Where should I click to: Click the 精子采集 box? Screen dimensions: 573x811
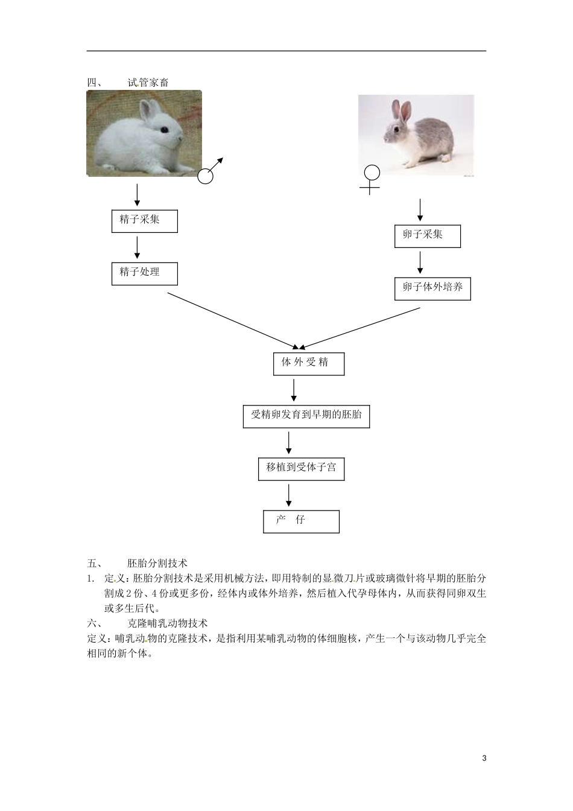click(x=145, y=221)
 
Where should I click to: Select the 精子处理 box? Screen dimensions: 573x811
click(x=145, y=273)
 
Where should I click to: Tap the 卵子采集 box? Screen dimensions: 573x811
click(x=427, y=236)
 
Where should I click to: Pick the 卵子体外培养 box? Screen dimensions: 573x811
click(x=432, y=288)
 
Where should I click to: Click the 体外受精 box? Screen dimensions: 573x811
click(x=309, y=364)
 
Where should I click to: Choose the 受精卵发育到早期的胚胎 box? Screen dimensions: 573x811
click(x=306, y=416)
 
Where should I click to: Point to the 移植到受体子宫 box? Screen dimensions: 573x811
click(x=301, y=469)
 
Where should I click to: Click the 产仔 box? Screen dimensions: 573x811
click(x=301, y=521)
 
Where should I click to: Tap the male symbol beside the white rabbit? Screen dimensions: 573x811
click(x=209, y=171)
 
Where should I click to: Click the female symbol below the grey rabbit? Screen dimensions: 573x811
click(x=371, y=180)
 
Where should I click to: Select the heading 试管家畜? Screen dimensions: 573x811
click(x=148, y=83)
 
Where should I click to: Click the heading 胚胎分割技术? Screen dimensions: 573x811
click(x=157, y=564)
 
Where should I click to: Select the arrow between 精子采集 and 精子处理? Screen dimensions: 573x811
click(x=137, y=247)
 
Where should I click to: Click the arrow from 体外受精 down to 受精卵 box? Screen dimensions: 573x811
click(x=294, y=390)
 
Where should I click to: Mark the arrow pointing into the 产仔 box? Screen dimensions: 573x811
click(x=289, y=495)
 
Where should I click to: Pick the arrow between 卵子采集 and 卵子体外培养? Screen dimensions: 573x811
click(x=420, y=262)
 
